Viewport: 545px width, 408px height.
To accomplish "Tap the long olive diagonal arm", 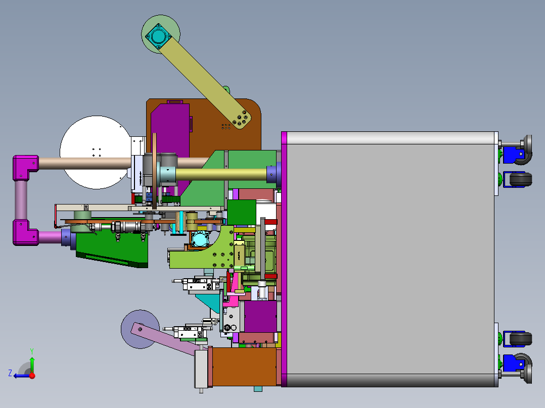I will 202,81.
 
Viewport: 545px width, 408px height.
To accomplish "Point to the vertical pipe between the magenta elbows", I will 21,199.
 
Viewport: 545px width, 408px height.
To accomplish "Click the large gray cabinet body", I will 389,258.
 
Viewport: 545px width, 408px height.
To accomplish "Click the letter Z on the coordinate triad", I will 10,373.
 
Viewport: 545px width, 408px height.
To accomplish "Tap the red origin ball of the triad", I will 32,375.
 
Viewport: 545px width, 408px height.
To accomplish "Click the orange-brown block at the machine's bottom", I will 243,366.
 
